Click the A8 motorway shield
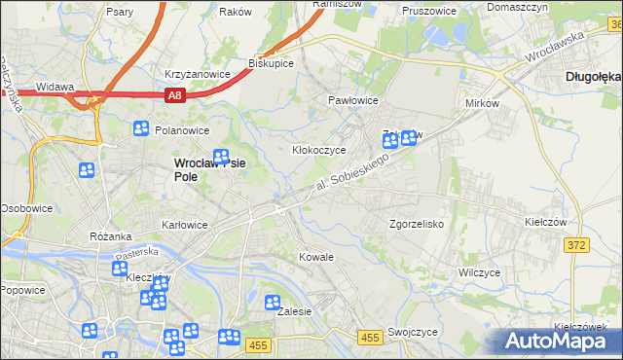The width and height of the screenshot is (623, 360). pyautogui.click(x=174, y=95)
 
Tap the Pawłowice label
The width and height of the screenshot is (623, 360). pyautogui.click(x=351, y=100)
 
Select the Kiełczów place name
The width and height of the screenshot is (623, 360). pyautogui.click(x=545, y=222)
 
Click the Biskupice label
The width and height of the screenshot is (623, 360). pyautogui.click(x=271, y=63)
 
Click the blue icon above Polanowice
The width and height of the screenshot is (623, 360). pyautogui.click(x=141, y=127)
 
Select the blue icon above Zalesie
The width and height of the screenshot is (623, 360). pyautogui.click(x=273, y=303)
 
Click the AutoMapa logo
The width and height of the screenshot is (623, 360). pyautogui.click(x=559, y=341)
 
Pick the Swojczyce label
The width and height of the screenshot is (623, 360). pyautogui.click(x=412, y=331)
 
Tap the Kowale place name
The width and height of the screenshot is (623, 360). pyautogui.click(x=316, y=257)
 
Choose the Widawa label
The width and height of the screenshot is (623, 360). pyautogui.click(x=55, y=87)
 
